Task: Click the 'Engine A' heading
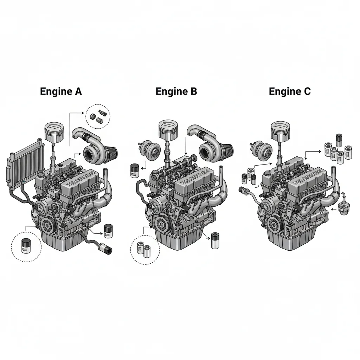click(61, 92)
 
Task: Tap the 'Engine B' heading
click(176, 92)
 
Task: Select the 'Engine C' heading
click(290, 92)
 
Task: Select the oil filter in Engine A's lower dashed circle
click(26, 245)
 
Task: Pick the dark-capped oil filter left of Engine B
click(134, 170)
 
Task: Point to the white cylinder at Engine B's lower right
click(215, 241)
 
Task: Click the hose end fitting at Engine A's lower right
click(107, 250)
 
